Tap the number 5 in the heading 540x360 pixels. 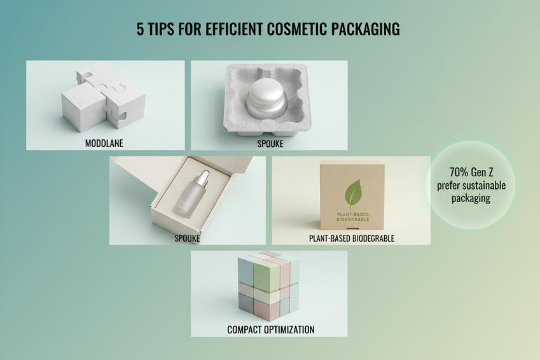(140, 29)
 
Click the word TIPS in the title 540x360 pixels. (161, 29)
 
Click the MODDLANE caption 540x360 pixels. (104, 143)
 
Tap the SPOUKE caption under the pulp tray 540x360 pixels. (270, 144)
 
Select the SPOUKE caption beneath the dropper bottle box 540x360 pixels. (187, 238)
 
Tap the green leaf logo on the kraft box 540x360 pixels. (353, 193)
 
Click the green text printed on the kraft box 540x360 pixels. (352, 217)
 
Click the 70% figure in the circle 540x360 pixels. (459, 172)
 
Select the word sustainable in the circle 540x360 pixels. (483, 185)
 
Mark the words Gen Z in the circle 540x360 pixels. (483, 172)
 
